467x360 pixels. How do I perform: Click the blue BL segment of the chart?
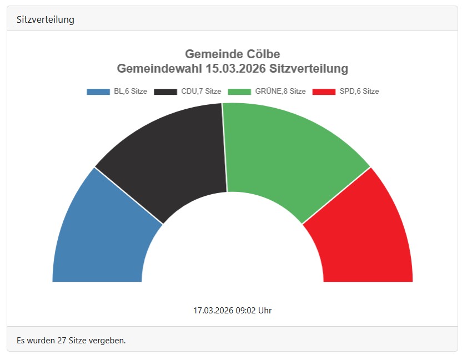point(106,233)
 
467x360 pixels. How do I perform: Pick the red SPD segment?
point(361,233)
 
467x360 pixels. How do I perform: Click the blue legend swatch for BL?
point(98,92)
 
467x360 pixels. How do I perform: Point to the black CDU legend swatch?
point(165,92)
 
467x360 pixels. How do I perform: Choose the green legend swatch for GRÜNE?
point(239,92)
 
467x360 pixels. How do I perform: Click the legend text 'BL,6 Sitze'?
point(130,92)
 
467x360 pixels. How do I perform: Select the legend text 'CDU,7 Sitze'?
point(201,92)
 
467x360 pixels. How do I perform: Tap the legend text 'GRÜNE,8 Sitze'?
point(280,92)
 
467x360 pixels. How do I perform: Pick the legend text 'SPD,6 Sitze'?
point(359,92)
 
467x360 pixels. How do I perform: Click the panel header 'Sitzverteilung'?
point(46,19)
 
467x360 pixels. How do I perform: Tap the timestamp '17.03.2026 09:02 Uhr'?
point(233,310)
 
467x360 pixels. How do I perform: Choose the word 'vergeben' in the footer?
point(109,340)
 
